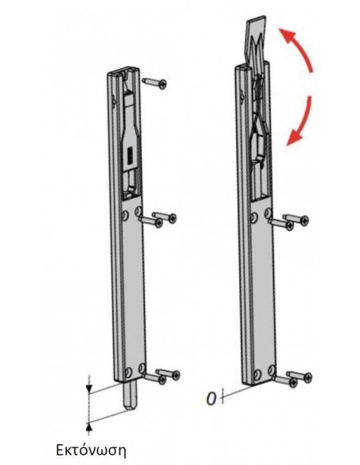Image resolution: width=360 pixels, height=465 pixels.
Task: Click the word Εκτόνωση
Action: click(x=91, y=450)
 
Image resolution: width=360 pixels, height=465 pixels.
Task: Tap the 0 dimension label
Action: click(x=211, y=399)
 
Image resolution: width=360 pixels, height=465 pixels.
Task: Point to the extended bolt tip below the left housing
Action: click(x=129, y=397)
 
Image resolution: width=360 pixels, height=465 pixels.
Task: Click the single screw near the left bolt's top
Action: click(x=155, y=83)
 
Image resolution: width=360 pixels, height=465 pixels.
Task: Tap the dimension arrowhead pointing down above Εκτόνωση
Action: click(x=89, y=389)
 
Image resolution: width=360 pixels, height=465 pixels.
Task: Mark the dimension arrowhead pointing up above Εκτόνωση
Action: click(x=89, y=428)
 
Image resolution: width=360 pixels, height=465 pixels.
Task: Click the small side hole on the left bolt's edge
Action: click(x=114, y=100)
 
